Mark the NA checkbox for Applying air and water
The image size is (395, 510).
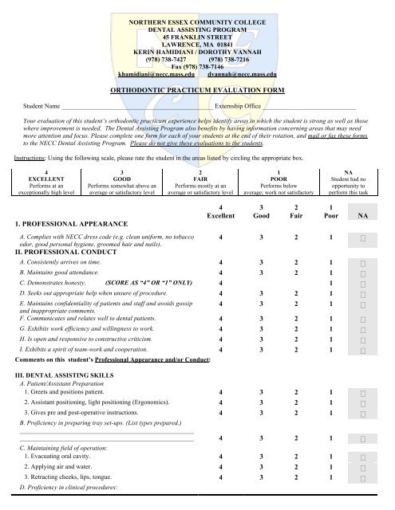pyautogui.click(x=363, y=466)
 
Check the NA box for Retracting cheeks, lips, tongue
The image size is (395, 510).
pyautogui.click(x=363, y=477)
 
